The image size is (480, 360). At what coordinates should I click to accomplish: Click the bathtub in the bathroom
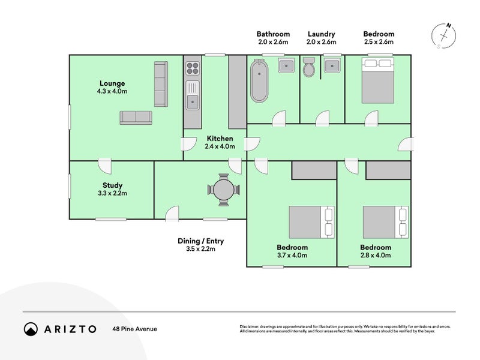click(x=259, y=81)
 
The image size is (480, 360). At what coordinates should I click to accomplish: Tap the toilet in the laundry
click(x=308, y=67)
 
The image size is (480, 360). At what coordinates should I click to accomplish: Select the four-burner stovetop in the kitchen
click(x=193, y=68)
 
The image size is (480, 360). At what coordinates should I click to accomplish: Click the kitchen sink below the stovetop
click(x=193, y=95)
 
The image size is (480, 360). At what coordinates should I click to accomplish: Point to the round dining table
click(x=224, y=190)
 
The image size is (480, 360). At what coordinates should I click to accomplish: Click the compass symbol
click(x=443, y=36)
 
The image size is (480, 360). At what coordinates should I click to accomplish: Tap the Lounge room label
click(x=112, y=83)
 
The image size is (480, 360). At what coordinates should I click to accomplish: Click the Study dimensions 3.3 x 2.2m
click(x=112, y=193)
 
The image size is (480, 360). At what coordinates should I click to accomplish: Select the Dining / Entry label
click(x=201, y=241)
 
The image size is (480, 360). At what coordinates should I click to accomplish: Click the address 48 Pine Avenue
click(x=134, y=329)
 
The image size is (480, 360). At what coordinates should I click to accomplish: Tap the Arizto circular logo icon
click(x=31, y=329)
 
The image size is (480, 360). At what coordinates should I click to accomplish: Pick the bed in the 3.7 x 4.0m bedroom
click(x=311, y=222)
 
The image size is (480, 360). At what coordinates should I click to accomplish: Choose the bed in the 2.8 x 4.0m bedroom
click(x=386, y=222)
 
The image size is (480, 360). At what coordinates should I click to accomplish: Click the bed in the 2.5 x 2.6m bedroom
click(x=378, y=80)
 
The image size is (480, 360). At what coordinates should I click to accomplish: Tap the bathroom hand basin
click(x=286, y=65)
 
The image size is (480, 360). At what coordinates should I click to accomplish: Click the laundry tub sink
click(x=332, y=65)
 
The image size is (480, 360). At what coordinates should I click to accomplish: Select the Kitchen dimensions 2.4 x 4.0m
click(x=220, y=146)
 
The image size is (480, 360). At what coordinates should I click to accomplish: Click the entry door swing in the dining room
click(x=172, y=213)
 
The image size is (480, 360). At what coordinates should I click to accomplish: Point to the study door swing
click(x=104, y=166)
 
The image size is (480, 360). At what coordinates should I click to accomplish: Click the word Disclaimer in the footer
click(x=249, y=326)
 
